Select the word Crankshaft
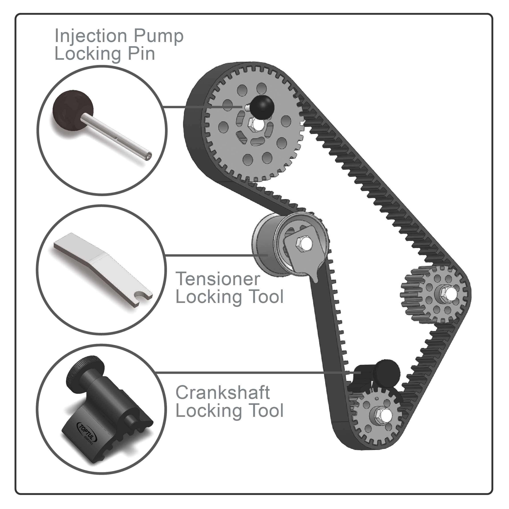click(223, 393)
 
